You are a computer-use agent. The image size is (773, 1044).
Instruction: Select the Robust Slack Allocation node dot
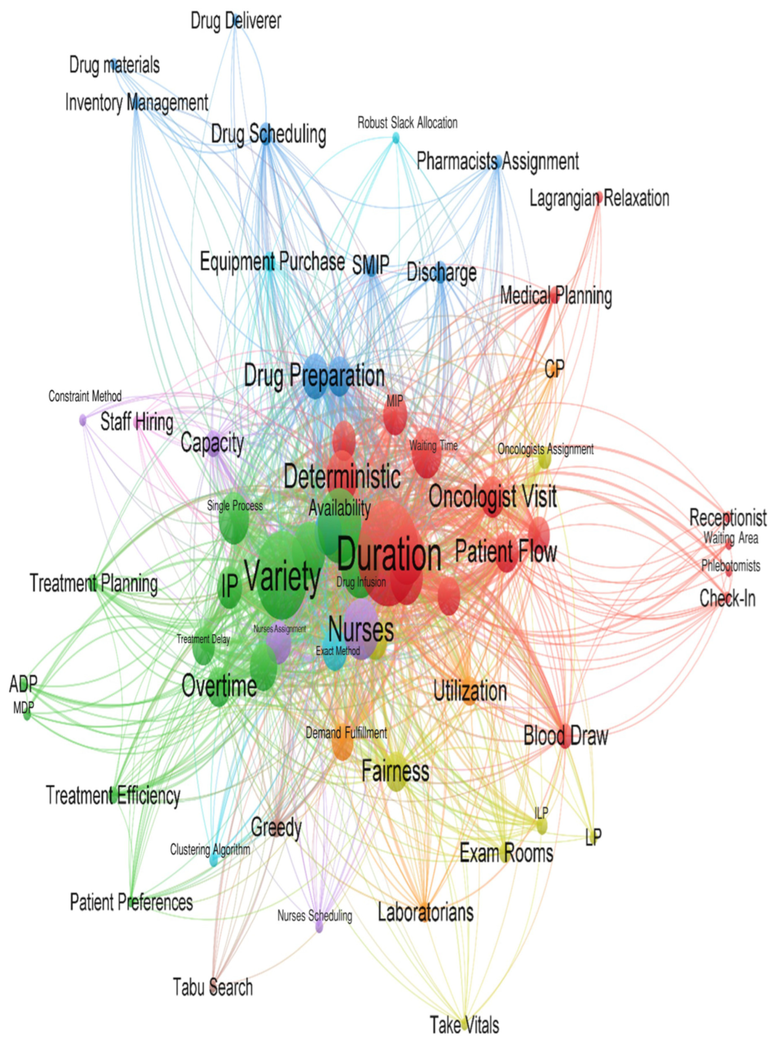click(396, 138)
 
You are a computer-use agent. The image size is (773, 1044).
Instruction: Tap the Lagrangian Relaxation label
click(599, 198)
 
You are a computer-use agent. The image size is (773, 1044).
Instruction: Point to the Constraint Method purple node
click(83, 420)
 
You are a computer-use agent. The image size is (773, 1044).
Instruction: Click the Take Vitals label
click(465, 1024)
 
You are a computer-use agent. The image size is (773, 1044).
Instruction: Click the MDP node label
click(23, 708)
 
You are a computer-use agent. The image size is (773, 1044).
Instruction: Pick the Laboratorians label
click(426, 912)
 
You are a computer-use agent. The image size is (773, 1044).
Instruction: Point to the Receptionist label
click(728, 518)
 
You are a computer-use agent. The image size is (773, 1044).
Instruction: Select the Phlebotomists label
click(730, 566)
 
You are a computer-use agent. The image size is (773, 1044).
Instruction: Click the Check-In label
click(727, 599)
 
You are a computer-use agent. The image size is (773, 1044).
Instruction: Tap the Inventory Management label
click(137, 103)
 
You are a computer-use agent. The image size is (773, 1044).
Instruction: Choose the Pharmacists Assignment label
click(498, 161)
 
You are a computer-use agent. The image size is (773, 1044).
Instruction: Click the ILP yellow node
click(542, 827)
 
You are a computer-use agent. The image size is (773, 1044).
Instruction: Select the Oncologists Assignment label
click(545, 449)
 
